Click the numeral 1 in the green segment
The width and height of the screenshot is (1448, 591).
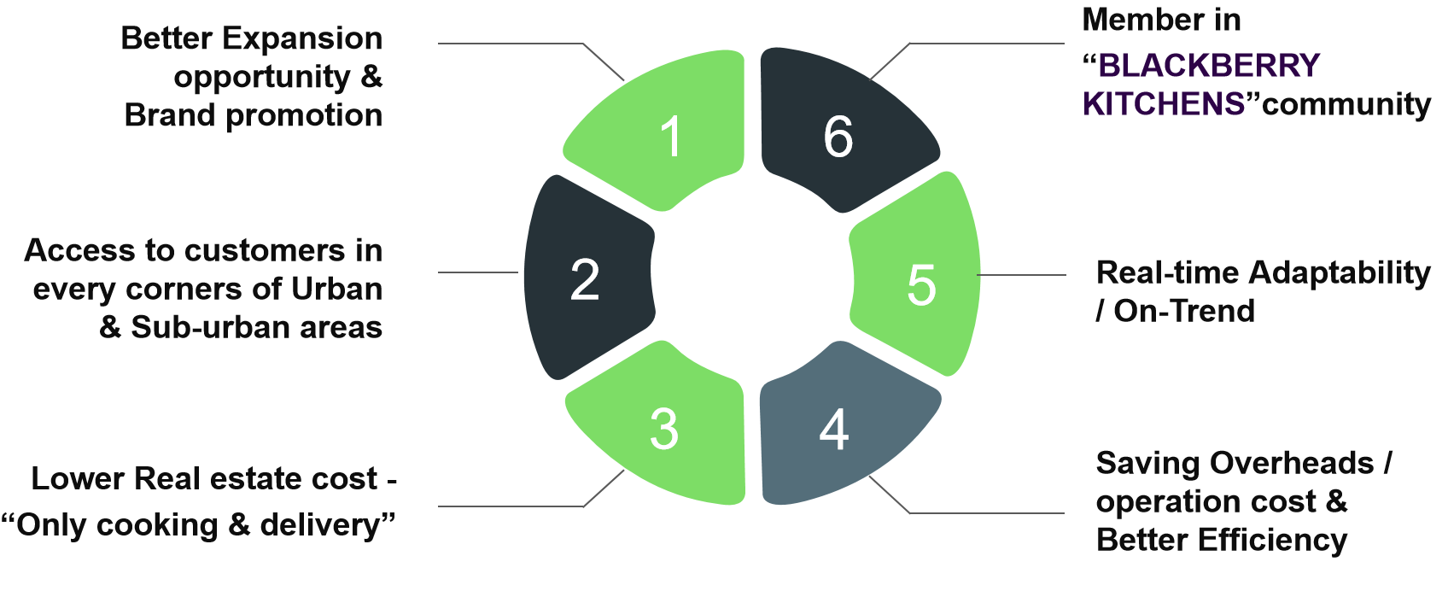tap(672, 137)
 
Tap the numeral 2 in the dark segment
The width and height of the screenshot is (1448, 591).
tap(585, 279)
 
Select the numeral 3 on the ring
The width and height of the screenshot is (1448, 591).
tap(664, 429)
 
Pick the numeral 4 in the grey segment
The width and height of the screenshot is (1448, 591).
tap(834, 430)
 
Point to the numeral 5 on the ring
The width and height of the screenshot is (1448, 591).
tap(922, 284)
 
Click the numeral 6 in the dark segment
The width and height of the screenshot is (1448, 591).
tap(838, 137)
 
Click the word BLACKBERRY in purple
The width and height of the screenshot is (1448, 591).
tap(1208, 66)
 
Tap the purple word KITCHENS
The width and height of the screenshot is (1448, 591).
tap(1164, 104)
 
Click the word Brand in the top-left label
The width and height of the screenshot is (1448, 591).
tap(171, 115)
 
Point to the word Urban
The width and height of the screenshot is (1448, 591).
tap(336, 289)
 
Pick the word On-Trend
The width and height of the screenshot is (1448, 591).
tap(1184, 311)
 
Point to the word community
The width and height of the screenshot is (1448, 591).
tap(1346, 104)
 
